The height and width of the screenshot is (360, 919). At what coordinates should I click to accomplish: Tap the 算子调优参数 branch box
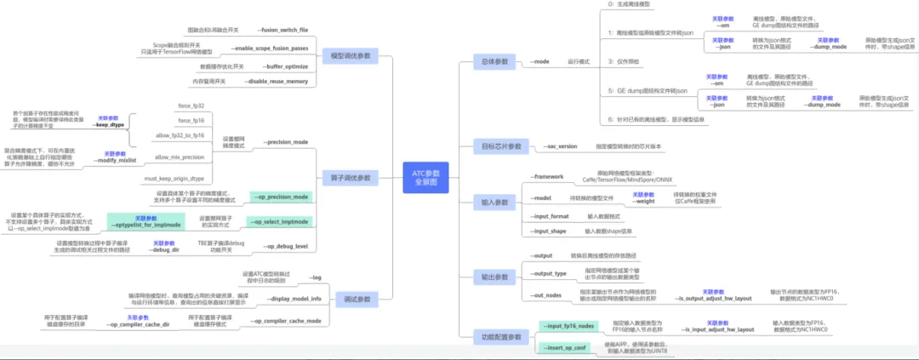(x=351, y=178)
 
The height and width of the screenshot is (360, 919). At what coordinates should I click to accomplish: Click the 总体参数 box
(x=494, y=62)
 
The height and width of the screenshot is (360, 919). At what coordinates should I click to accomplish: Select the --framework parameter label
(x=548, y=177)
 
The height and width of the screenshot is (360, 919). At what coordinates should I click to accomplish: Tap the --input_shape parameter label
(x=549, y=231)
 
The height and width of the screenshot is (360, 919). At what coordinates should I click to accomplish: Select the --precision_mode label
(x=285, y=142)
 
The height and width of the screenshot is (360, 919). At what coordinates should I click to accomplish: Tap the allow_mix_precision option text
(x=180, y=157)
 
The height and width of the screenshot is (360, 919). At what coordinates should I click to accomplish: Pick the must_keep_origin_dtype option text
(x=174, y=179)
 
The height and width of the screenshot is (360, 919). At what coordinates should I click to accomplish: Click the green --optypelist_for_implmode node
(x=146, y=225)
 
